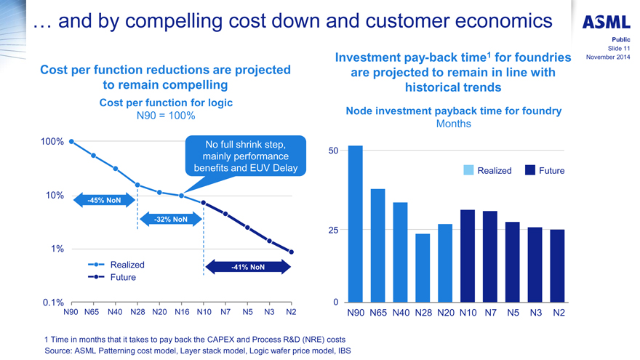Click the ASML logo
(x=606, y=22)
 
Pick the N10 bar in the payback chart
(x=468, y=256)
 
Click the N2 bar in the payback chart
(x=558, y=265)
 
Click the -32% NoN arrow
(x=170, y=219)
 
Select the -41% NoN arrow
(x=247, y=267)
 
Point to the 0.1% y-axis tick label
(x=54, y=303)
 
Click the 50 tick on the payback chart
(x=332, y=151)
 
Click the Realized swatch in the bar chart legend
(x=468, y=170)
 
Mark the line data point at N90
(x=71, y=142)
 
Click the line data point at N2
(x=291, y=252)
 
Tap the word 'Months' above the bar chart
(x=453, y=124)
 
